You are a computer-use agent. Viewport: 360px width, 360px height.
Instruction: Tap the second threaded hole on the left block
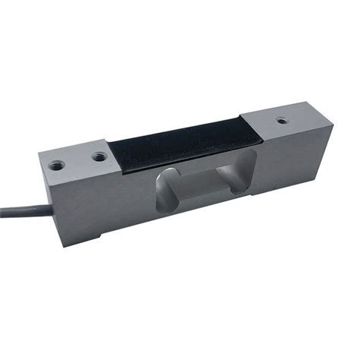pos(99,156)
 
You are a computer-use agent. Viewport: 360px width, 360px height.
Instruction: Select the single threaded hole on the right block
pos(282,120)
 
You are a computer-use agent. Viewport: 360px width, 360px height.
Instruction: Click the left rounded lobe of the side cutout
pos(166,194)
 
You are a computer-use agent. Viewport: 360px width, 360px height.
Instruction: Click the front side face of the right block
pos(296,163)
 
